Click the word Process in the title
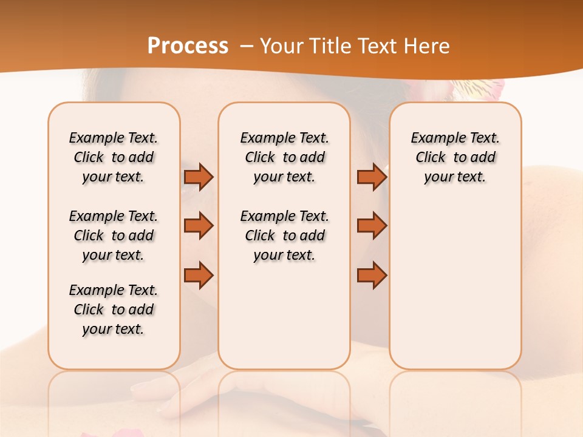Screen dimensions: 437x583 188,46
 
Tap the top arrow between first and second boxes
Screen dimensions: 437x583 199,177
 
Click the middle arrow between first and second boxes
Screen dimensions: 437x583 199,226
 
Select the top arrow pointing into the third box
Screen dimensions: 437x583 372,177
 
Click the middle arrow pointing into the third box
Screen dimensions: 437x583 372,226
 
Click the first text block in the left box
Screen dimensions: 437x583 114,157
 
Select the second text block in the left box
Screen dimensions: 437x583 114,235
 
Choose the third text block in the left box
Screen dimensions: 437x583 114,310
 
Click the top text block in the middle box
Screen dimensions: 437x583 284,157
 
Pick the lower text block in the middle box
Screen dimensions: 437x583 284,235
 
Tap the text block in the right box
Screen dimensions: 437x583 455,157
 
